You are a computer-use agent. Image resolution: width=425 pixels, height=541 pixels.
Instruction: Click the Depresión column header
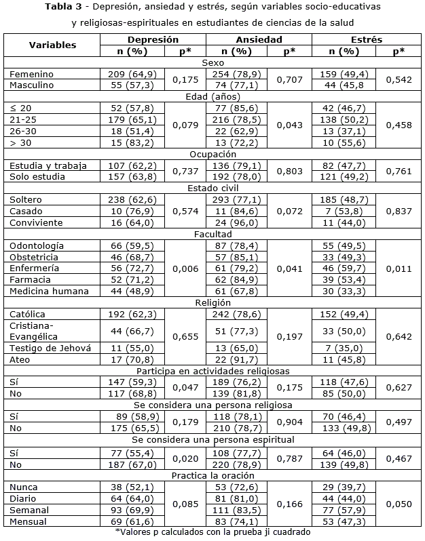pos(152,41)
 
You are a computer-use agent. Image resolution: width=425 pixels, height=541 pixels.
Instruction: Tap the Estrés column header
pos(367,41)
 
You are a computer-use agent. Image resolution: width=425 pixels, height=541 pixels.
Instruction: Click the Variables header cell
pos(52,46)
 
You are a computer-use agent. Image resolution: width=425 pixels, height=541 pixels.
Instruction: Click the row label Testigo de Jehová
pos(43,347)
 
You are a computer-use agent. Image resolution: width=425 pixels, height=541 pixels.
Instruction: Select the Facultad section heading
pos(213,234)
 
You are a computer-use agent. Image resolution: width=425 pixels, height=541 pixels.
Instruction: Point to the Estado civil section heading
pos(213,188)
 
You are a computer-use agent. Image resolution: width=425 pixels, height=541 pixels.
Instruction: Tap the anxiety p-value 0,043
pos(290,125)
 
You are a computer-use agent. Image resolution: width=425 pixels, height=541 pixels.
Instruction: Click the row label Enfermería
pos(35,268)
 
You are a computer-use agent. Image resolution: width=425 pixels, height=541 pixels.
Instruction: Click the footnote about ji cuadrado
pos(213,533)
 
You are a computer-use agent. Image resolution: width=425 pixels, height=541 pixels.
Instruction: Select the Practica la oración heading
pos(213,475)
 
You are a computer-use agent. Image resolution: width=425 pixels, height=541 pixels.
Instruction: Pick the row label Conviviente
pos(37,223)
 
